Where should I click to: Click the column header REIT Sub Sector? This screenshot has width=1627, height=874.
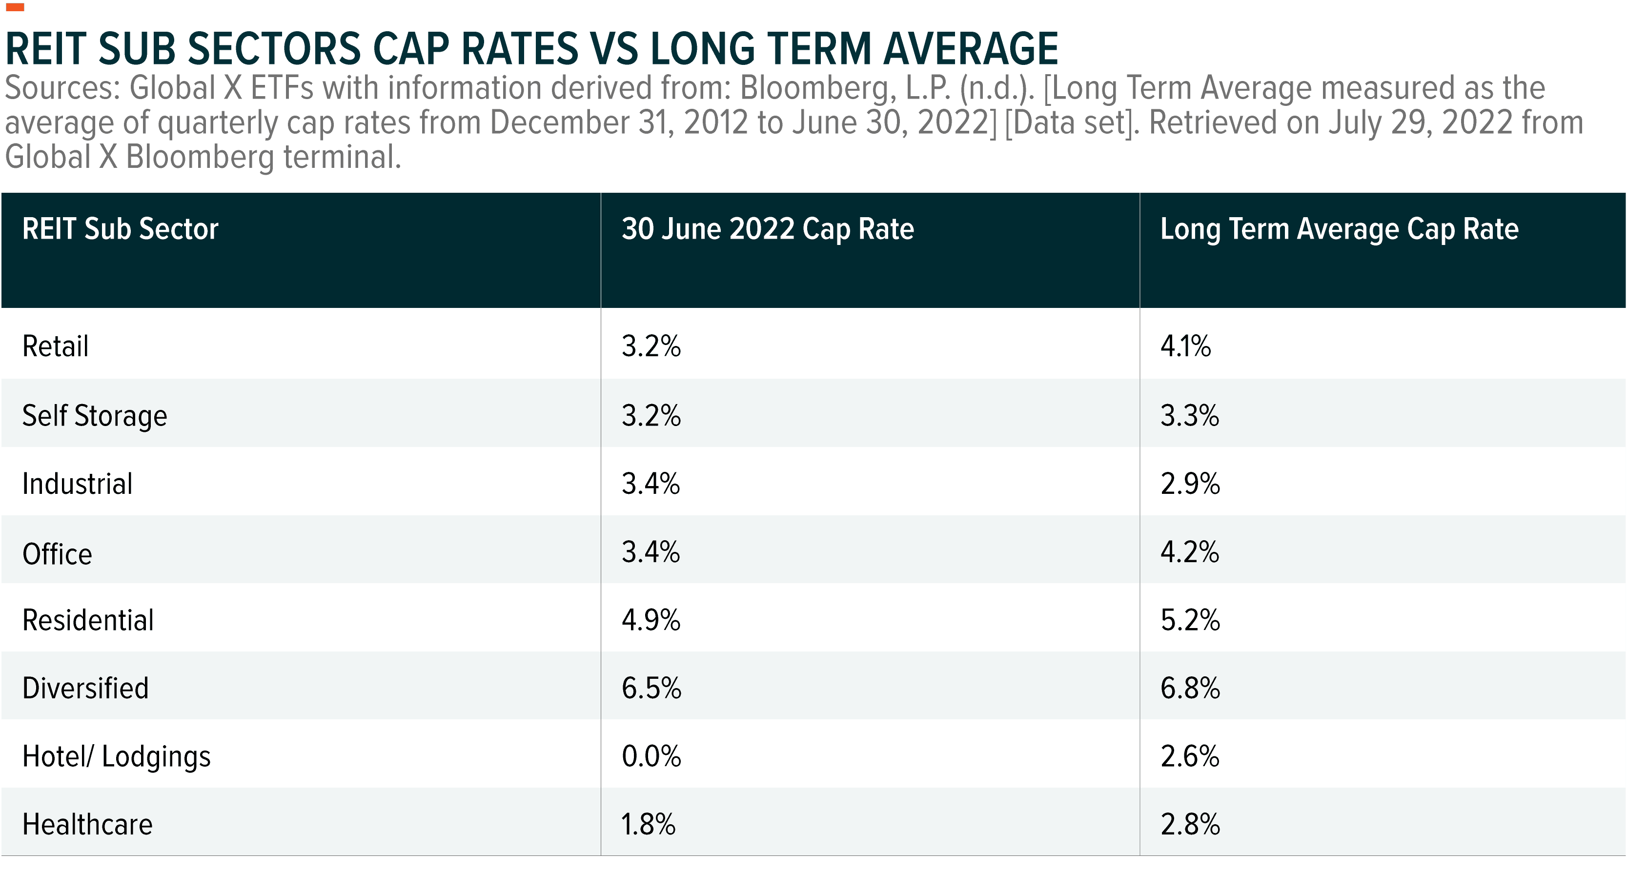click(120, 228)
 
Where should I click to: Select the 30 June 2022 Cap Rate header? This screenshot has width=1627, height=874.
click(768, 228)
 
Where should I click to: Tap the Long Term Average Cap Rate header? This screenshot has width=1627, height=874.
click(1339, 228)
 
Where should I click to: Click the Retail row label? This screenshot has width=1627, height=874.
click(56, 346)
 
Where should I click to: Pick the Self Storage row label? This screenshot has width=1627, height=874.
click(95, 416)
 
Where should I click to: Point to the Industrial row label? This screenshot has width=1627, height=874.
click(77, 484)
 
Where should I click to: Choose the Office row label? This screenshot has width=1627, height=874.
click(57, 553)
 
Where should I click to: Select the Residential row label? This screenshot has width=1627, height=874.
click(88, 620)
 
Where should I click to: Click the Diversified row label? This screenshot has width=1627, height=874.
click(85, 688)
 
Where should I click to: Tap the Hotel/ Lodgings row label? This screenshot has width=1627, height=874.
click(116, 756)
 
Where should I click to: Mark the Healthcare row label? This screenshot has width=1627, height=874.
click(87, 824)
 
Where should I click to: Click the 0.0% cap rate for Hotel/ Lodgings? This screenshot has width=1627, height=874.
click(651, 756)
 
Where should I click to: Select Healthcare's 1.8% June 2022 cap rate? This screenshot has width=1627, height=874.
click(648, 824)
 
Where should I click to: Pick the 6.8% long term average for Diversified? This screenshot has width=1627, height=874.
click(1190, 688)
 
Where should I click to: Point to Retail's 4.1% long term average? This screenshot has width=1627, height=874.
click(1185, 346)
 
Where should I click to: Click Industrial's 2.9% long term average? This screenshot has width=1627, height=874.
click(1190, 484)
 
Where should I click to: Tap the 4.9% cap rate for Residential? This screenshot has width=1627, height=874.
click(651, 620)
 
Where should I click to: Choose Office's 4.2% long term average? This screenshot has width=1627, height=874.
click(1189, 552)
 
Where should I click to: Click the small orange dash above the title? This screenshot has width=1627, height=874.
click(15, 8)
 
